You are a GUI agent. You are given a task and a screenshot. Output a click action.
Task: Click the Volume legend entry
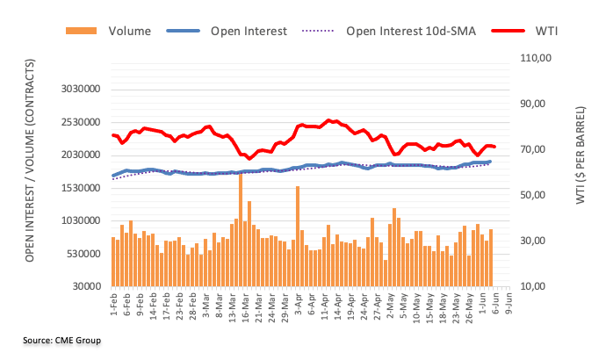(129, 32)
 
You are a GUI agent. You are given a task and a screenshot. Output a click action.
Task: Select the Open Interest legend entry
(249, 32)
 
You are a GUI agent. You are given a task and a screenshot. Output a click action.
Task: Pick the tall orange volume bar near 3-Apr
(298, 235)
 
